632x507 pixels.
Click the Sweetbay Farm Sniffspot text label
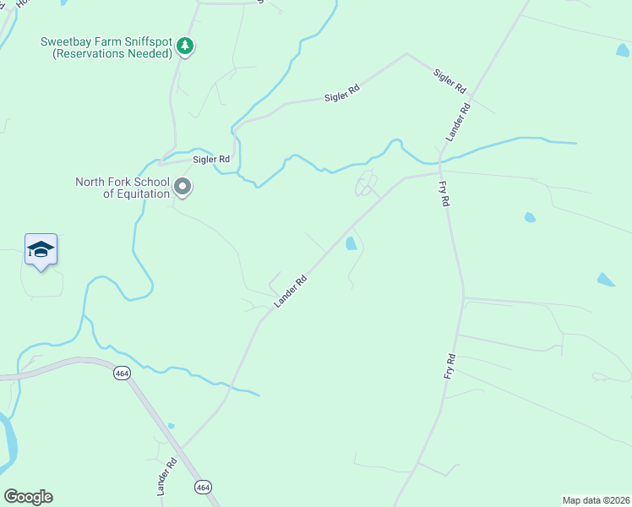point(106,47)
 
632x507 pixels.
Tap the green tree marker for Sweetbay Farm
point(185,47)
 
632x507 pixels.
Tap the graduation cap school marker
point(41,250)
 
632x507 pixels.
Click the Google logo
point(28,497)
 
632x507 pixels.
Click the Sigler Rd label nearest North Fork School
point(211,159)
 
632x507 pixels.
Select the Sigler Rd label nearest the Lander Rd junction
point(449,82)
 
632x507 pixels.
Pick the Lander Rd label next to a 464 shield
point(166,477)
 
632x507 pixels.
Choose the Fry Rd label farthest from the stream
point(450,370)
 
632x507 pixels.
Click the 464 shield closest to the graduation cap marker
point(123,373)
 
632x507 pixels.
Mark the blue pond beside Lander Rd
point(351,244)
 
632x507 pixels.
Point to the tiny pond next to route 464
point(171,426)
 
